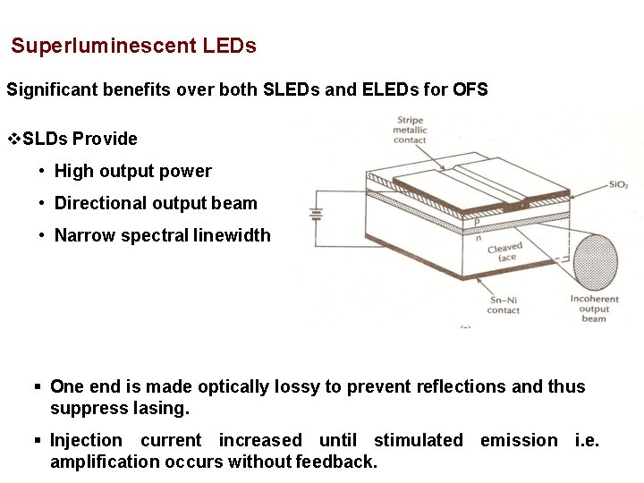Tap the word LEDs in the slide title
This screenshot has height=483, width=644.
tap(232, 46)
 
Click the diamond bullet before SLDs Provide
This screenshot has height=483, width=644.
tap(13, 139)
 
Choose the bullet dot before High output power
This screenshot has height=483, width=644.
tap(42, 171)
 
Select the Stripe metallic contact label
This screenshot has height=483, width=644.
tap(411, 130)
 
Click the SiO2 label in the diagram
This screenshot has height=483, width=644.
tap(618, 184)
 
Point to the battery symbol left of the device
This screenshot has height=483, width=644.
tap(315, 214)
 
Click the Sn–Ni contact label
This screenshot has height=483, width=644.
tap(503, 305)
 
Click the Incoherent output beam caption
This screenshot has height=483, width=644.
tap(594, 309)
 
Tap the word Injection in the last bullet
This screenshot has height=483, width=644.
tap(86, 440)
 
